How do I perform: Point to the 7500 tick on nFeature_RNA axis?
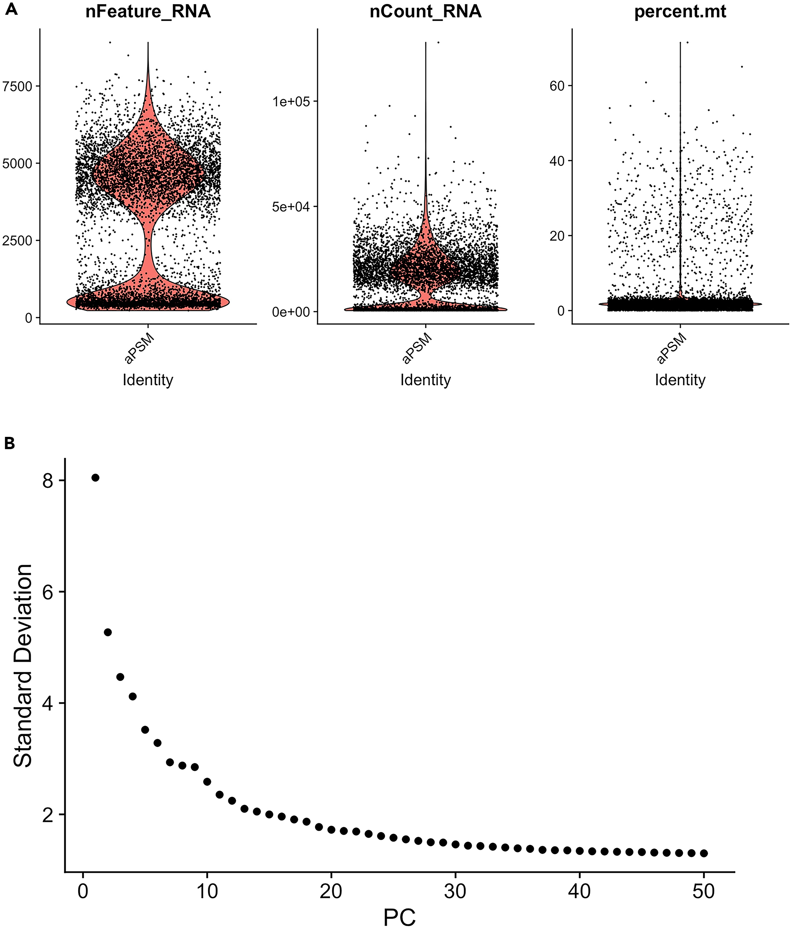18,86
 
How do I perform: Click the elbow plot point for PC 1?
95,478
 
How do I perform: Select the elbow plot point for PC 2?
108,632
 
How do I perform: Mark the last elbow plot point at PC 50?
704,853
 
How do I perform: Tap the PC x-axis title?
400,917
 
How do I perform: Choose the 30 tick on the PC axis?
455,891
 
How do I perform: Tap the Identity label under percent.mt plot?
680,380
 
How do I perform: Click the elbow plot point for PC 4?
132,696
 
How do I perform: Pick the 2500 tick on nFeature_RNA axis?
18,241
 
